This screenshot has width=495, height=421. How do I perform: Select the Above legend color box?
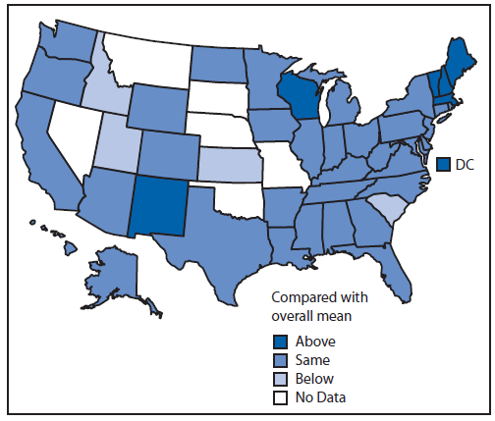click(x=280, y=342)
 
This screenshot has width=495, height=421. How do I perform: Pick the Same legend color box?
click(x=280, y=360)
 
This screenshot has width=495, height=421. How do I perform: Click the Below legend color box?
click(x=280, y=378)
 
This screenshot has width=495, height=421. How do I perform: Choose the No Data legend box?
click(x=280, y=396)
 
